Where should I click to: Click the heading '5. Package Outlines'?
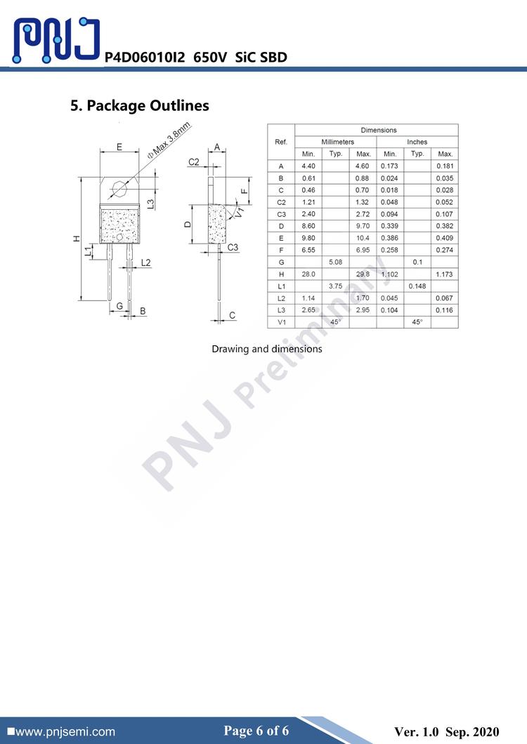140,106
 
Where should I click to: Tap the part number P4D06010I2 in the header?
145,58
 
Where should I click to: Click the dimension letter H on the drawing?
77,239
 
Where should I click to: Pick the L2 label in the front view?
145,263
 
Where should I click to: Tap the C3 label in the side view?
233,247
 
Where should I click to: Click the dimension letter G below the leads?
120,306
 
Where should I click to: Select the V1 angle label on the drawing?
240,210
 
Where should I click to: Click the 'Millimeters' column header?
337,142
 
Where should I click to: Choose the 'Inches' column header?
417,142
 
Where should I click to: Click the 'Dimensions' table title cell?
378,130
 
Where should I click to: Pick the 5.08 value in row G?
336,262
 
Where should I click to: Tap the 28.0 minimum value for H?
308,274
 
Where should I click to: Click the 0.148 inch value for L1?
417,286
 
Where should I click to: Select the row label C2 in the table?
281,202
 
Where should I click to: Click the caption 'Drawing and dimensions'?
267,349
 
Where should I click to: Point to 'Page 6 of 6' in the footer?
256,731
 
